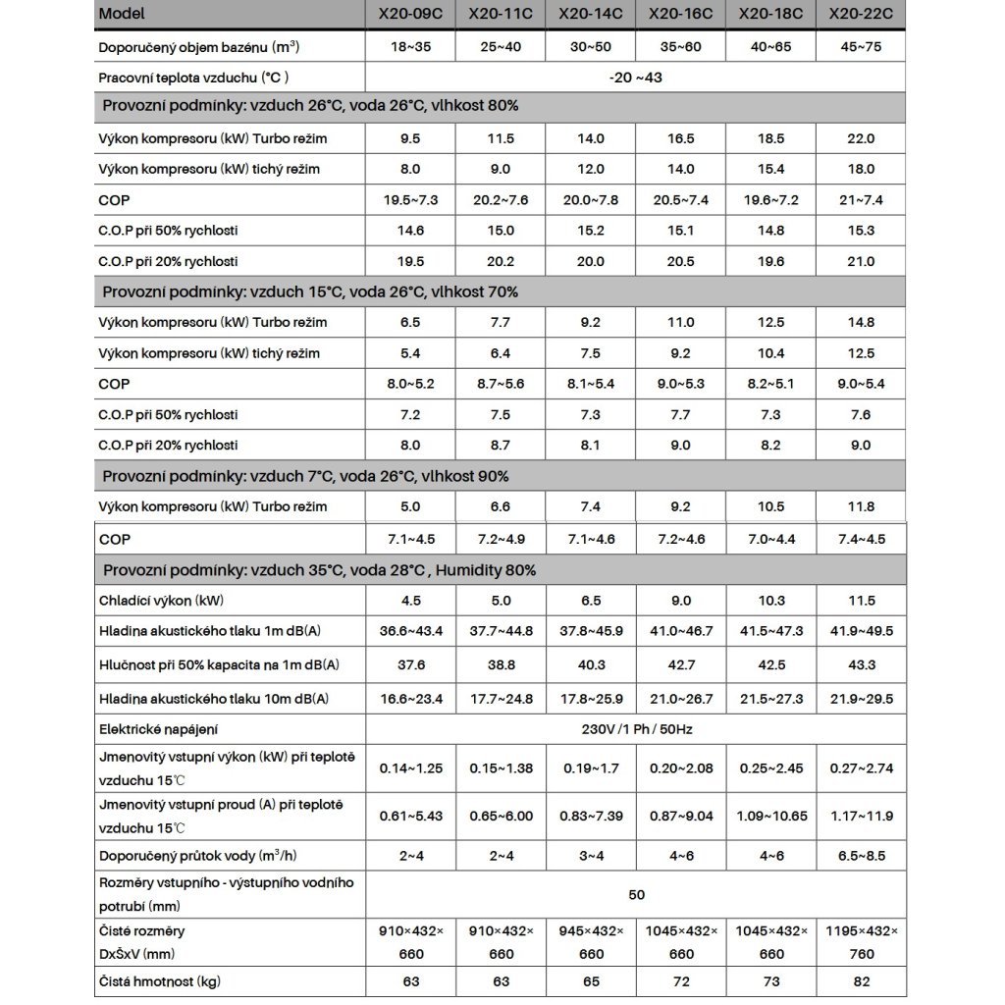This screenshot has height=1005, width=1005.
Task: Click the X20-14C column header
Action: [589, 15]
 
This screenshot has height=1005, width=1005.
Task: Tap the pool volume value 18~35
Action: [411, 46]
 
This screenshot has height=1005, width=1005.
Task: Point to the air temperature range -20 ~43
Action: [636, 77]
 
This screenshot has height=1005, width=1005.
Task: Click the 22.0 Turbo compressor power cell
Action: [860, 138]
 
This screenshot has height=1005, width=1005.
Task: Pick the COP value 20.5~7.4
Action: [681, 200]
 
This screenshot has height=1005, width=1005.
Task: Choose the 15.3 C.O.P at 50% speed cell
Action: [860, 231]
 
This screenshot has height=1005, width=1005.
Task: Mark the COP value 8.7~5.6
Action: [501, 384]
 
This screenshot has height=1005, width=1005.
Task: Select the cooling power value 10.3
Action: [770, 601]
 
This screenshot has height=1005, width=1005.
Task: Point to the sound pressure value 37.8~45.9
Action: [589, 631]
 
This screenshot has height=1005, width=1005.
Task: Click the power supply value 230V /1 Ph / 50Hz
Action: [636, 728]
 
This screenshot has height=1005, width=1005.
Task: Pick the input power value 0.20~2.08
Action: [681, 767]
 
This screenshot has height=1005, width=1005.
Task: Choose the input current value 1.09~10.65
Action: [770, 817]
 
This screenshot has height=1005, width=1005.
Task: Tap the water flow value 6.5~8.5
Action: [860, 856]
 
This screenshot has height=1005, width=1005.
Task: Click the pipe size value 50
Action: [636, 895]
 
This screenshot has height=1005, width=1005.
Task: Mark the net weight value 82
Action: [860, 981]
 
